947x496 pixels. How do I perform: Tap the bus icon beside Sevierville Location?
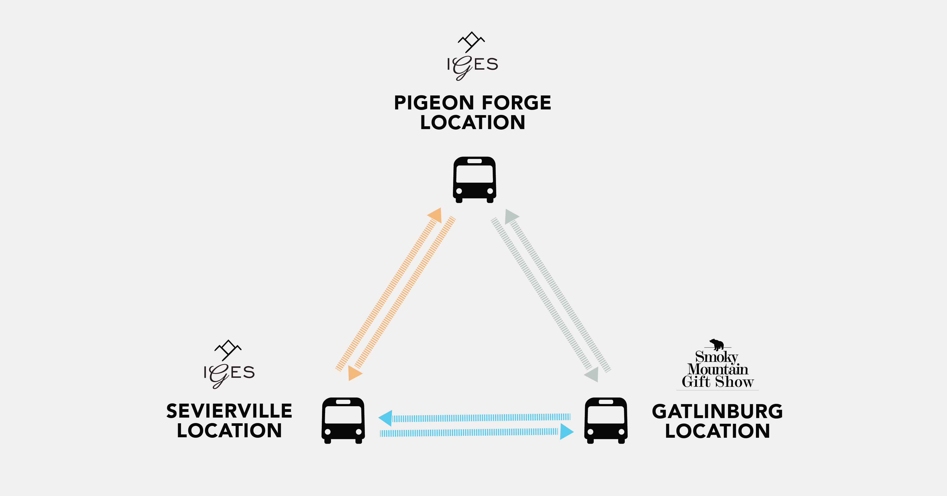click(343, 420)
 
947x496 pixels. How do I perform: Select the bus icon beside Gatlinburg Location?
click(606, 420)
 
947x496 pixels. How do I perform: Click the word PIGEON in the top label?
click(434, 103)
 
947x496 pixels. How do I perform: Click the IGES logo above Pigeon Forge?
click(472, 56)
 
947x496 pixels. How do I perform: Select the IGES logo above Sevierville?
click(229, 364)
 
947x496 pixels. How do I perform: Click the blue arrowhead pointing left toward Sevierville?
click(385, 418)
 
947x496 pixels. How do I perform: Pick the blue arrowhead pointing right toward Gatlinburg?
click(567, 432)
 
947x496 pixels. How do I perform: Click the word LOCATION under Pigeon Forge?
click(473, 122)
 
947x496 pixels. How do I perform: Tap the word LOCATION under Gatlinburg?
click(717, 431)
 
